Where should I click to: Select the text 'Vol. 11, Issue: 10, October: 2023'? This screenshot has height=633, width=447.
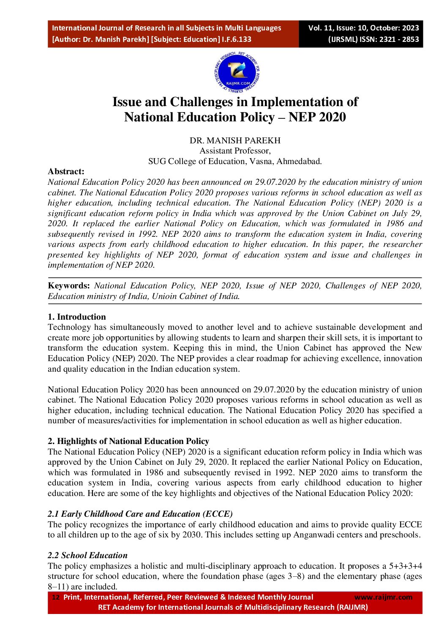363,28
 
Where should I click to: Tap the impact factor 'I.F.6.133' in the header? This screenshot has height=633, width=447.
237,39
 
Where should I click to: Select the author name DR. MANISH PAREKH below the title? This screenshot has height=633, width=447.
235,140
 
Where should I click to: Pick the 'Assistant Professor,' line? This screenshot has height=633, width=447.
235,151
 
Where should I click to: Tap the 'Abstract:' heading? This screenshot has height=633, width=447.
66,171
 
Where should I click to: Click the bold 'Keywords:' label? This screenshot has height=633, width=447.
69,286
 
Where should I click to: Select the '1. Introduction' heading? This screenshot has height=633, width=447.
76,317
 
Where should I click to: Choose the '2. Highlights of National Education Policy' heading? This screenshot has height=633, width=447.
128,441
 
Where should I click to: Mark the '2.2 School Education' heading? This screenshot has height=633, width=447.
87,555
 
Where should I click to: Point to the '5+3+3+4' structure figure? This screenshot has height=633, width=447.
405,566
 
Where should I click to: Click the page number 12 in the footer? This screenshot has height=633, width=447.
56,597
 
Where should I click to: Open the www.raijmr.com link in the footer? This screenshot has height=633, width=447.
383,597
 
